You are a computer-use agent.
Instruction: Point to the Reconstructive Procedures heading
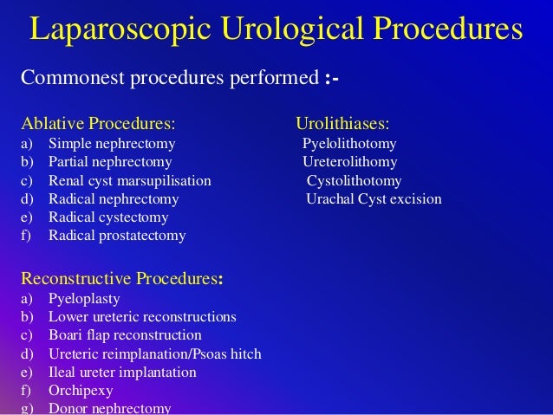point(120,278)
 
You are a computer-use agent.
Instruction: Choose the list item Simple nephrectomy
point(112,143)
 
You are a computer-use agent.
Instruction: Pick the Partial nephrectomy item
point(110,162)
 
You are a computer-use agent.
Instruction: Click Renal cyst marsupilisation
point(130,181)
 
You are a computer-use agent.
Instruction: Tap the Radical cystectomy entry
point(108,217)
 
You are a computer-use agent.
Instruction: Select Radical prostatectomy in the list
point(117,235)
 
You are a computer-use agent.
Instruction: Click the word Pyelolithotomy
point(349,143)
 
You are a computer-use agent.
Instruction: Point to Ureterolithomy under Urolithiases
point(349,162)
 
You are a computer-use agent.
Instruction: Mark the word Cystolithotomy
point(354,181)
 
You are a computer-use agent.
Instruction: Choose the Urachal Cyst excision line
point(374,199)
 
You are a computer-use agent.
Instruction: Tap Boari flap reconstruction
point(125,335)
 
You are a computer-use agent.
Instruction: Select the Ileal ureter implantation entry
point(122,372)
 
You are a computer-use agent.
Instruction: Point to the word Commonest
point(73,80)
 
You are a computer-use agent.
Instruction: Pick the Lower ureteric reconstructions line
point(142,317)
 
